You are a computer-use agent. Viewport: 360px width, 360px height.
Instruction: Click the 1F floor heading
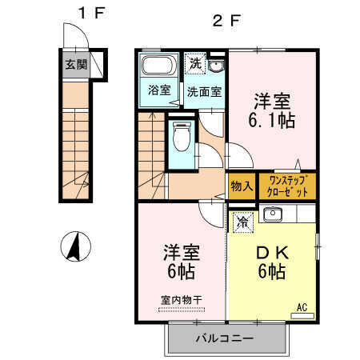[92, 13]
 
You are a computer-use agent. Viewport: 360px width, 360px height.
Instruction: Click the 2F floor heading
[227, 20]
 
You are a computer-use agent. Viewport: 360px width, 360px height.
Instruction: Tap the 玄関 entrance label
[76, 64]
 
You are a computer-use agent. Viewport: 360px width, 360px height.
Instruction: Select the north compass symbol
[76, 246]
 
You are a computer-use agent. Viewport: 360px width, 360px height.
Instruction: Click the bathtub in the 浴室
[158, 66]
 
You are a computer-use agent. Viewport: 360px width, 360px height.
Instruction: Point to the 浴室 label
[159, 90]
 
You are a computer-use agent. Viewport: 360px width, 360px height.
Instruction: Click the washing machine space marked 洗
[195, 64]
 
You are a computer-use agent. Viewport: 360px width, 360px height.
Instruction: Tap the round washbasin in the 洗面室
[216, 66]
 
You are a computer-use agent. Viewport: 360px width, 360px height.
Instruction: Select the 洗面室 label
[204, 92]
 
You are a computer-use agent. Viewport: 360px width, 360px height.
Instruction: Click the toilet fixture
[182, 136]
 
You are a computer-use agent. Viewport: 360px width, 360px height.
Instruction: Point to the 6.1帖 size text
[272, 121]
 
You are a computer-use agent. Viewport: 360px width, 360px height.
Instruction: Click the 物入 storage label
[242, 186]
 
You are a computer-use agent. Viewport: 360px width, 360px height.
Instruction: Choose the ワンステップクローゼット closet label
[287, 186]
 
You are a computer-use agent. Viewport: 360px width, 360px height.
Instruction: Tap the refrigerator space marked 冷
[243, 222]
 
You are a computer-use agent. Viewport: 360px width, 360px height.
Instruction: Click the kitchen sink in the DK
[273, 214]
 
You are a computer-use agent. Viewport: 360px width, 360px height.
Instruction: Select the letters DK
[272, 253]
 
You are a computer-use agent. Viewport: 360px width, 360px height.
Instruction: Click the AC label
[302, 307]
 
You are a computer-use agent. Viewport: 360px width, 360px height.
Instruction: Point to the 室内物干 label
[182, 300]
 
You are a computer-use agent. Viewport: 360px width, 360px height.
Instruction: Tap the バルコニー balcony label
[225, 338]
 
